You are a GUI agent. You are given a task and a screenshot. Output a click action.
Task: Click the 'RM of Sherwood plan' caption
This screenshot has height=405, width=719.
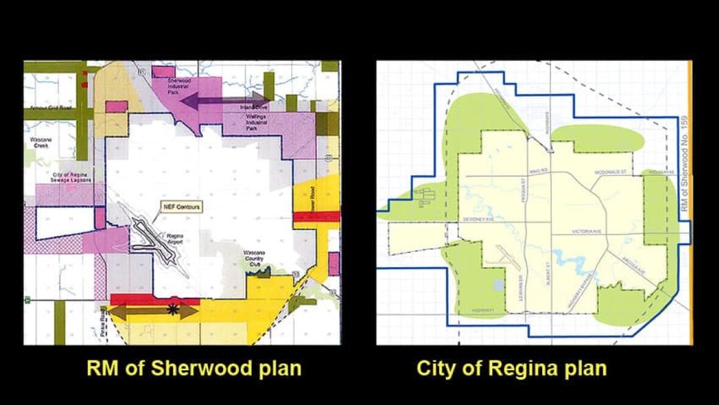pos(194,368)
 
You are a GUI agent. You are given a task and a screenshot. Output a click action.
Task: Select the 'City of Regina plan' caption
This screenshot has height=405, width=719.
pos(511,368)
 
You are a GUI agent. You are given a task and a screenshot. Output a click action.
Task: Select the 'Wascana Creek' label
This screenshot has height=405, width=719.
pos(41,143)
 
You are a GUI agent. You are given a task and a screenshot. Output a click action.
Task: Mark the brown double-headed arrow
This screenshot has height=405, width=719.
pos(153,311)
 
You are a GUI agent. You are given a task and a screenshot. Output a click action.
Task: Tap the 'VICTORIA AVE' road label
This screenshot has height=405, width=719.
pos(584,232)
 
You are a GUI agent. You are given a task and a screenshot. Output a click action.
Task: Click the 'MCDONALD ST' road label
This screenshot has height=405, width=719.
pos(611,173)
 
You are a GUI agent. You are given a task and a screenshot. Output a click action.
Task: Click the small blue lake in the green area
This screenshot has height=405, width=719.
pos(499,285)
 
